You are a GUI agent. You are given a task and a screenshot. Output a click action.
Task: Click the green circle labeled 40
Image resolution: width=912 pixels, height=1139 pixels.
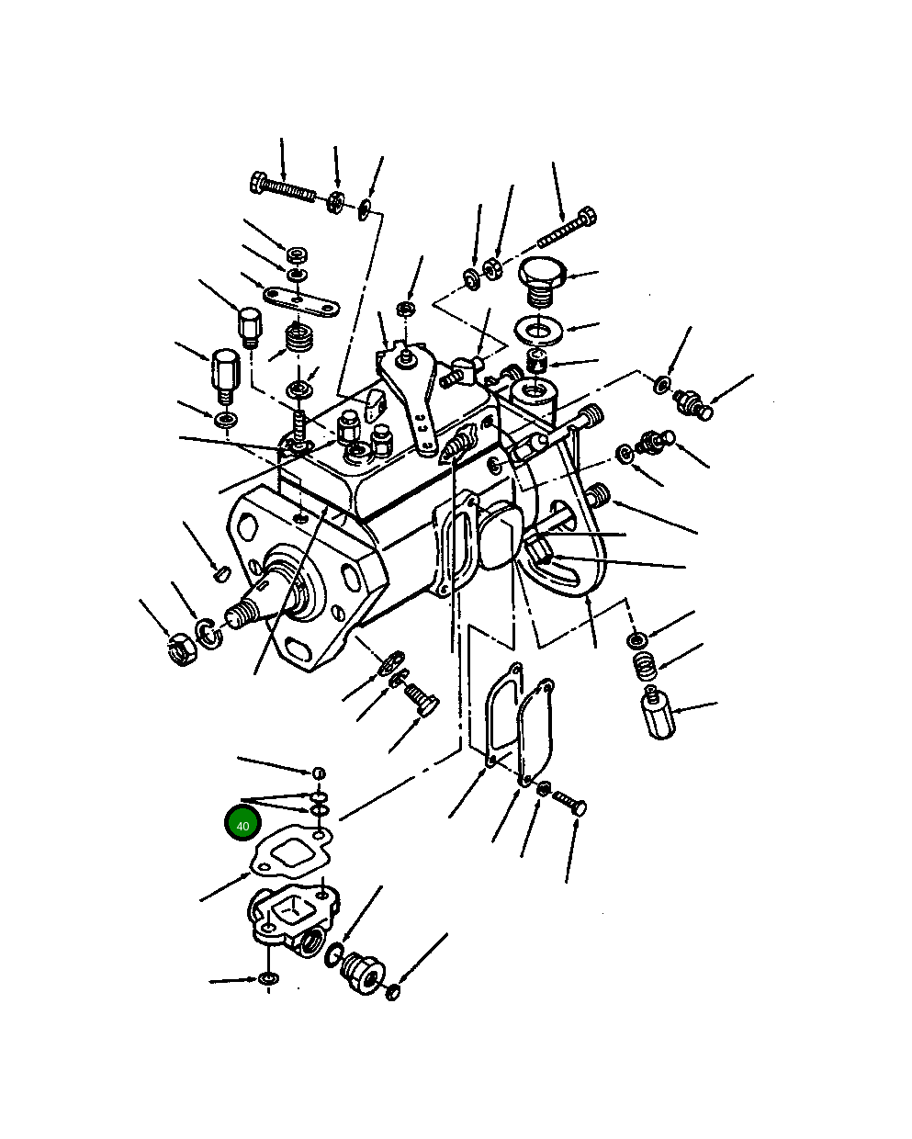pos(243,825)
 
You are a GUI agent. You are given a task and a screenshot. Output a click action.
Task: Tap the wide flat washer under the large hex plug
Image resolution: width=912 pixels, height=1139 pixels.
pos(539,331)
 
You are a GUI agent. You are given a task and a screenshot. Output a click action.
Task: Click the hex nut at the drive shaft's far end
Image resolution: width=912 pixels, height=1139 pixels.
pos(182,649)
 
